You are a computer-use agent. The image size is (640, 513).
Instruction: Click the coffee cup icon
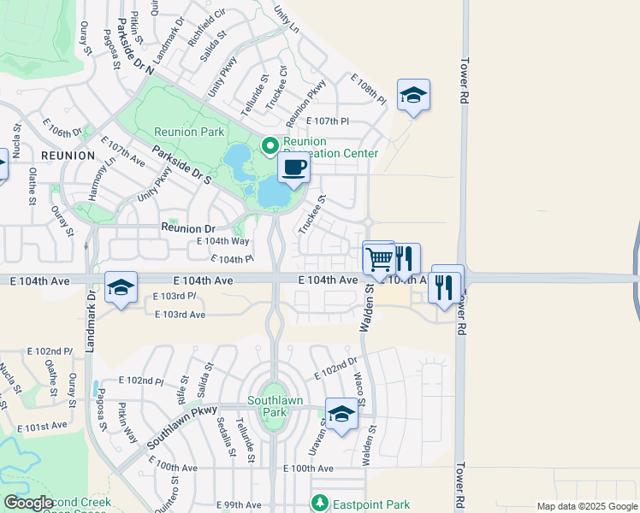(293, 168)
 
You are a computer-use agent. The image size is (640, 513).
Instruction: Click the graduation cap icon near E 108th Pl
(413, 95)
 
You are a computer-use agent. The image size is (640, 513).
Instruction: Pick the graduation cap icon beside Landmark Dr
(121, 286)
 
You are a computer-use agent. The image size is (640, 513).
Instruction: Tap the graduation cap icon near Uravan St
(341, 415)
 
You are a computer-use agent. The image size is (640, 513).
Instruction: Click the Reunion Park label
(189, 132)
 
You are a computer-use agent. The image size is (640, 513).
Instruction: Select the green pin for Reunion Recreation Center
(270, 144)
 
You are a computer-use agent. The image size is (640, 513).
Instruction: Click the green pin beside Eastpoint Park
(320, 503)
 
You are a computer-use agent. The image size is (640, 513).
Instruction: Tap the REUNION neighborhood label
(67, 156)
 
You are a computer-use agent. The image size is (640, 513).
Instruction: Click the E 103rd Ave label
(181, 315)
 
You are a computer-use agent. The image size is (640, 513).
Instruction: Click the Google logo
(28, 504)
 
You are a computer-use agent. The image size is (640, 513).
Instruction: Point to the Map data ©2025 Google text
(586, 506)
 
